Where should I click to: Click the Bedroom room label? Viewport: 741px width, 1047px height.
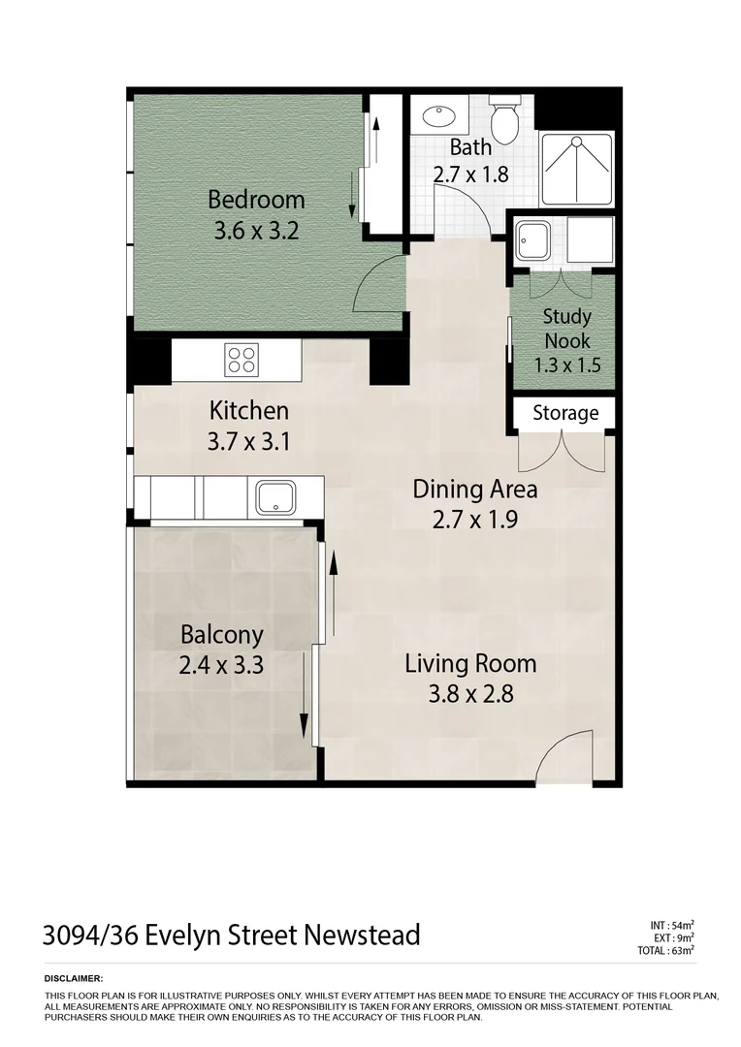coord(256,201)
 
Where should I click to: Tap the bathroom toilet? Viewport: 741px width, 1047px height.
coord(503,120)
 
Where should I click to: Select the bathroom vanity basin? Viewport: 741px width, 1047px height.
coord(442,117)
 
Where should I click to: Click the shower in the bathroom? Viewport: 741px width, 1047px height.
coord(576,169)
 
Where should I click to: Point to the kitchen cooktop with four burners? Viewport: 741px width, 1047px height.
coord(242,361)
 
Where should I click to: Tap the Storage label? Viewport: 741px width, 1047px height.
coord(565,413)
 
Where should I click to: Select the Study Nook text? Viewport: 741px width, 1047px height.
coord(567,328)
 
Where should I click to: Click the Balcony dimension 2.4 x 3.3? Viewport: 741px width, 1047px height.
coord(222,666)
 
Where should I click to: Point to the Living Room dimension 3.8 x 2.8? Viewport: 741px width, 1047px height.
coord(470,694)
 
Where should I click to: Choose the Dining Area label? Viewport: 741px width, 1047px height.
coord(474,489)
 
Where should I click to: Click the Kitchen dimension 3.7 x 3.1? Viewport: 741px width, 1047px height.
coord(248,441)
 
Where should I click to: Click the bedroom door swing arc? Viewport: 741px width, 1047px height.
coord(379,285)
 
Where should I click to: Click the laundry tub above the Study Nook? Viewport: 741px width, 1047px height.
coord(533,239)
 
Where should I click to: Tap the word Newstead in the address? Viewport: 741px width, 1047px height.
coord(362,936)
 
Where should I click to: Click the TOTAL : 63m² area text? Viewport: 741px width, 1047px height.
coord(666,951)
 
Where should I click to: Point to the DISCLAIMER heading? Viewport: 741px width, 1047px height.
coord(74,980)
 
